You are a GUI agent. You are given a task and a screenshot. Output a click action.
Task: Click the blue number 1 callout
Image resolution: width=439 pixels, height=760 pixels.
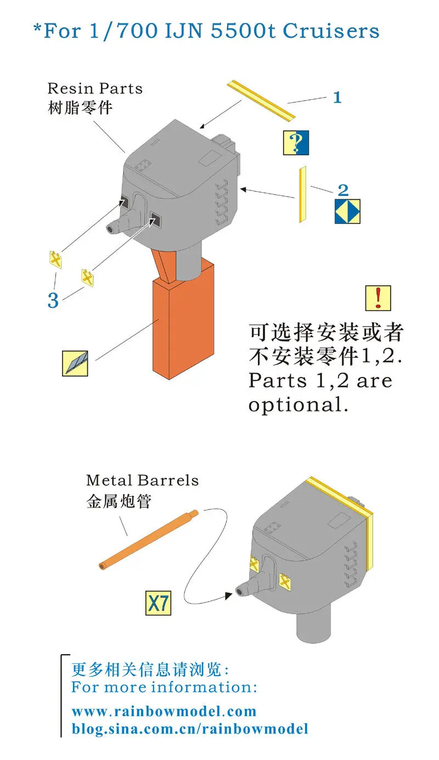[337, 98]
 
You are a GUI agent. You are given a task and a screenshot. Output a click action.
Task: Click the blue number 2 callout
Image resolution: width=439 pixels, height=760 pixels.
[343, 190]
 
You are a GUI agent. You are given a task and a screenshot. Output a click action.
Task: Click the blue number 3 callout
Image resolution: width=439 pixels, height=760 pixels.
[53, 300]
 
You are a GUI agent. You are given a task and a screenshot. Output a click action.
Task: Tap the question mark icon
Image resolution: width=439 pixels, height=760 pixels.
[296, 143]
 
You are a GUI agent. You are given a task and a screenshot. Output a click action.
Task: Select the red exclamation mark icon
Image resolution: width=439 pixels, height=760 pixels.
[378, 298]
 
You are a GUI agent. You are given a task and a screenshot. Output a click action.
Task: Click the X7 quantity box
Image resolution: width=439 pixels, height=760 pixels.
[158, 604]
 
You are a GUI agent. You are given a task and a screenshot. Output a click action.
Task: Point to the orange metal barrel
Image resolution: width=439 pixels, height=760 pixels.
[148, 538]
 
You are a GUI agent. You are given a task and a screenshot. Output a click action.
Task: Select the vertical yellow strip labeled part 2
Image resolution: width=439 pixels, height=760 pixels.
[301, 195]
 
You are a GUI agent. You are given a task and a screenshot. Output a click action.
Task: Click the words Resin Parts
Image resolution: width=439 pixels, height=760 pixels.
[94, 88]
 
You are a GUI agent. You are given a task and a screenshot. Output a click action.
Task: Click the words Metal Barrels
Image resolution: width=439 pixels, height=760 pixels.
[142, 481]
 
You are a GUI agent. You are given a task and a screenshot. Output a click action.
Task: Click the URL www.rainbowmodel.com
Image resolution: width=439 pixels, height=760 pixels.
[164, 712]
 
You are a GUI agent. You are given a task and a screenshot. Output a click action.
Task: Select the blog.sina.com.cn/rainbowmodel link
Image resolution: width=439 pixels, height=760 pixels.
[190, 729]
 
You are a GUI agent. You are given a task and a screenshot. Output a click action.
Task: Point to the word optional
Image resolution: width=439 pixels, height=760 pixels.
[298, 405]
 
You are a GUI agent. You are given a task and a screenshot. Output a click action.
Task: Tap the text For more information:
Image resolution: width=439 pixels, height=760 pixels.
[164, 687]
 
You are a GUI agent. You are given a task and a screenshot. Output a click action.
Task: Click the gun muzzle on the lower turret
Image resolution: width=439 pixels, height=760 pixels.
[240, 590]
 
